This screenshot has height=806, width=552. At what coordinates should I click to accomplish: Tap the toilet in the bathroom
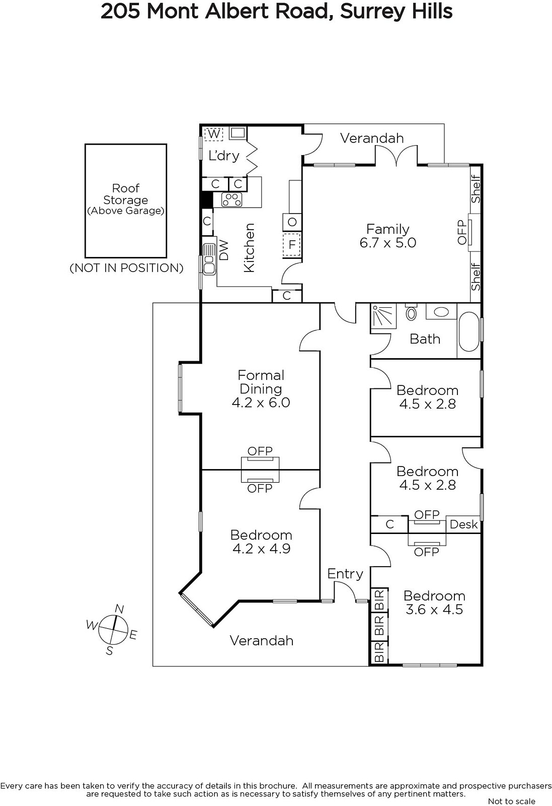click(411, 312)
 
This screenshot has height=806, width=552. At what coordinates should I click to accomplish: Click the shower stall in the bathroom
click(383, 315)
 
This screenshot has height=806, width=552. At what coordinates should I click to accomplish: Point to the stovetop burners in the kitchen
click(232, 199)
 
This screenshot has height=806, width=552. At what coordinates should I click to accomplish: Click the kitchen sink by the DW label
click(209, 259)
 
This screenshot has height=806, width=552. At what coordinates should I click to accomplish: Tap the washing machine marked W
click(214, 134)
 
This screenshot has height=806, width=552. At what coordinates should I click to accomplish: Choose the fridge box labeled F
click(292, 245)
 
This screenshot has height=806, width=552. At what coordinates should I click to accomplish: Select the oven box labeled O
click(292, 222)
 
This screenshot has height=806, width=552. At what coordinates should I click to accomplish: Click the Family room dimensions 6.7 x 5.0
click(388, 242)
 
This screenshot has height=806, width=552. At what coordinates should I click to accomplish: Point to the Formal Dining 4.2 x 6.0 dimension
click(261, 402)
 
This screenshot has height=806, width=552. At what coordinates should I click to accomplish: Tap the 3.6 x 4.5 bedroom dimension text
click(434, 609)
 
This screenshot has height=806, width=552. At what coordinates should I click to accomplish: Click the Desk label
click(463, 524)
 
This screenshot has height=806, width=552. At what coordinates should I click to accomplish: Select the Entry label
click(345, 574)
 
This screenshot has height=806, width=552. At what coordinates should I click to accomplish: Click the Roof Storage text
click(125, 194)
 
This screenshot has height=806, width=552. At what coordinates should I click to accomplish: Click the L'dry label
click(224, 156)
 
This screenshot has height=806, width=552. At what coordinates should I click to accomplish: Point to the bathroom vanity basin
click(441, 312)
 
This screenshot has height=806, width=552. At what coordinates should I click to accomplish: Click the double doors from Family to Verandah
click(397, 155)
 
